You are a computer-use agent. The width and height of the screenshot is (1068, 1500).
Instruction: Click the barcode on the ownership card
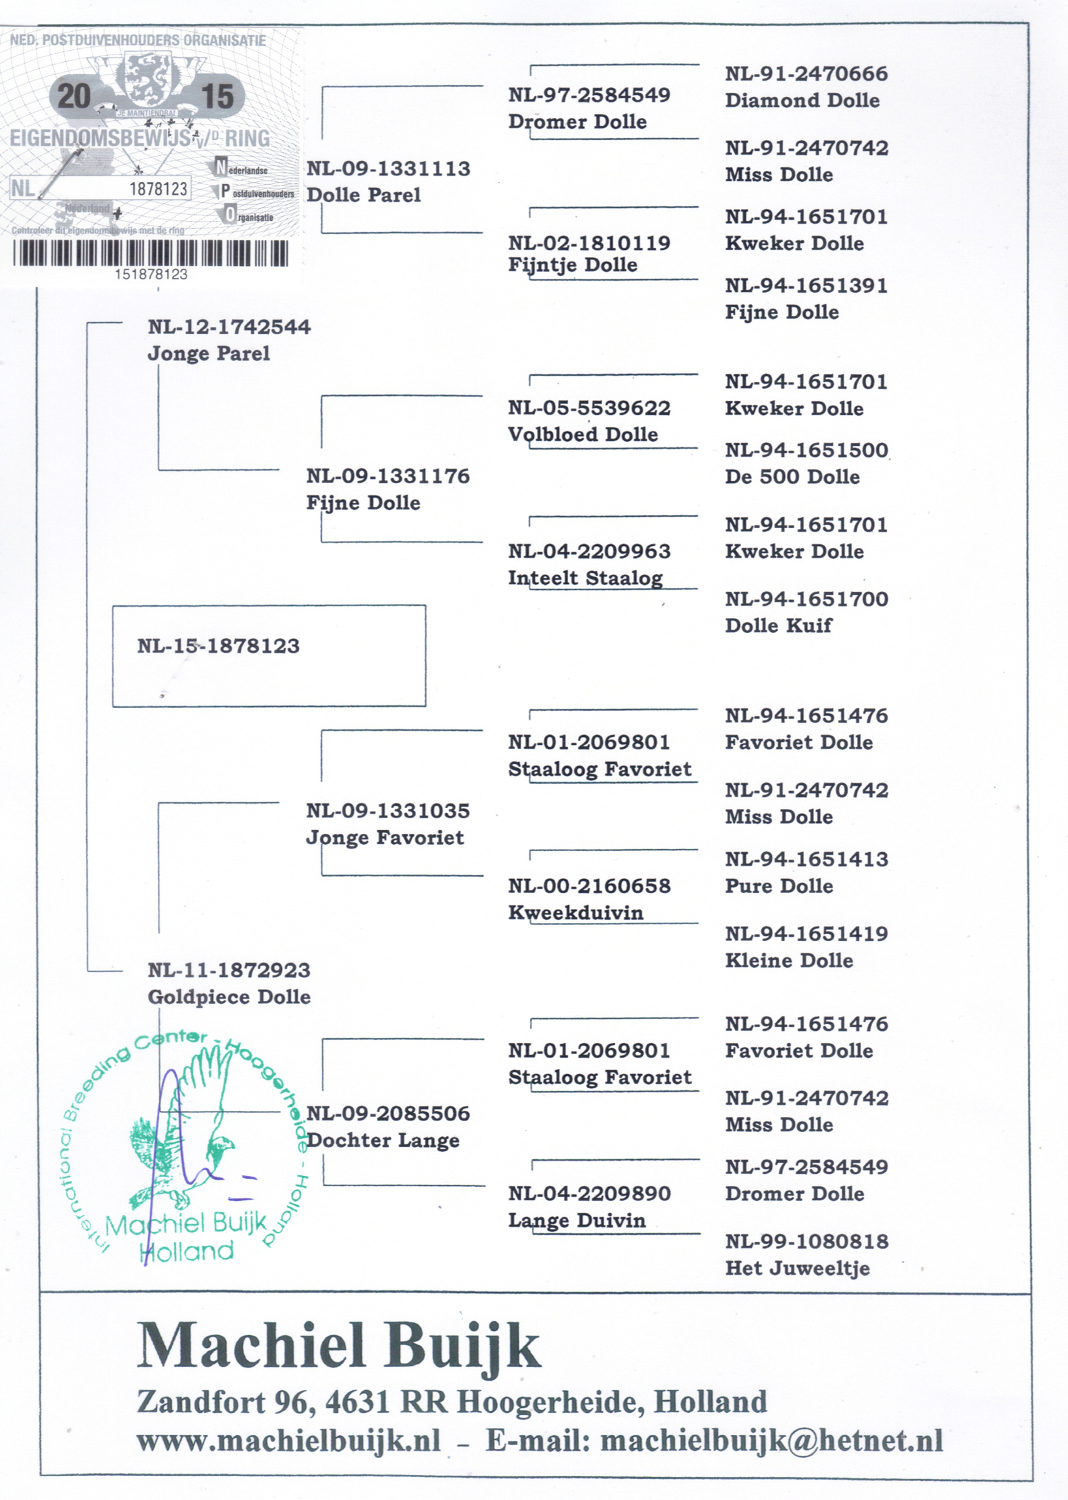tap(151, 253)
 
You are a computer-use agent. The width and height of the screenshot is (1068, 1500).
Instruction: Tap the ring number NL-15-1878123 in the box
tap(218, 646)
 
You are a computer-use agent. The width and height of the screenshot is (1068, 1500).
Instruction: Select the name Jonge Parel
tap(209, 354)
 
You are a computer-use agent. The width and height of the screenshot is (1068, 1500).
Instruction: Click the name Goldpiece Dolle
tap(229, 997)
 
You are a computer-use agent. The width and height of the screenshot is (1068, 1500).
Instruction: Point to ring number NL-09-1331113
tap(388, 169)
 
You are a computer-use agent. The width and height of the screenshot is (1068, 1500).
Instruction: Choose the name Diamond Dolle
tap(802, 101)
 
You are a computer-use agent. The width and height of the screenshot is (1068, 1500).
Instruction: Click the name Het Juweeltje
tap(797, 1268)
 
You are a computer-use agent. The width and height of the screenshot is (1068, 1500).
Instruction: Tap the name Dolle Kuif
tap(778, 625)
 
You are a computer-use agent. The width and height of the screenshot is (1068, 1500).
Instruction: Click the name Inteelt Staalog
tap(585, 578)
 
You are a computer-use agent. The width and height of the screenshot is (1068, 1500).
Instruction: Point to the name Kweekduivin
tap(575, 913)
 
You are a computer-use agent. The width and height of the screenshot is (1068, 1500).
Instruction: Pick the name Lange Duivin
tap(577, 1221)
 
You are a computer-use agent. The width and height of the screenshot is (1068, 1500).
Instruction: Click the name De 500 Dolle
tap(792, 476)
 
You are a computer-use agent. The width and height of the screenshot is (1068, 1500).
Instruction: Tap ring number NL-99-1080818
tap(806, 1242)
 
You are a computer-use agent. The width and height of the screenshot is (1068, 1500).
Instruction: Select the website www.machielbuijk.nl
tap(289, 1441)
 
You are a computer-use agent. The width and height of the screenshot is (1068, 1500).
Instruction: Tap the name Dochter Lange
tap(383, 1141)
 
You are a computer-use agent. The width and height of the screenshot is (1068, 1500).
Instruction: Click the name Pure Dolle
tap(779, 886)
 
